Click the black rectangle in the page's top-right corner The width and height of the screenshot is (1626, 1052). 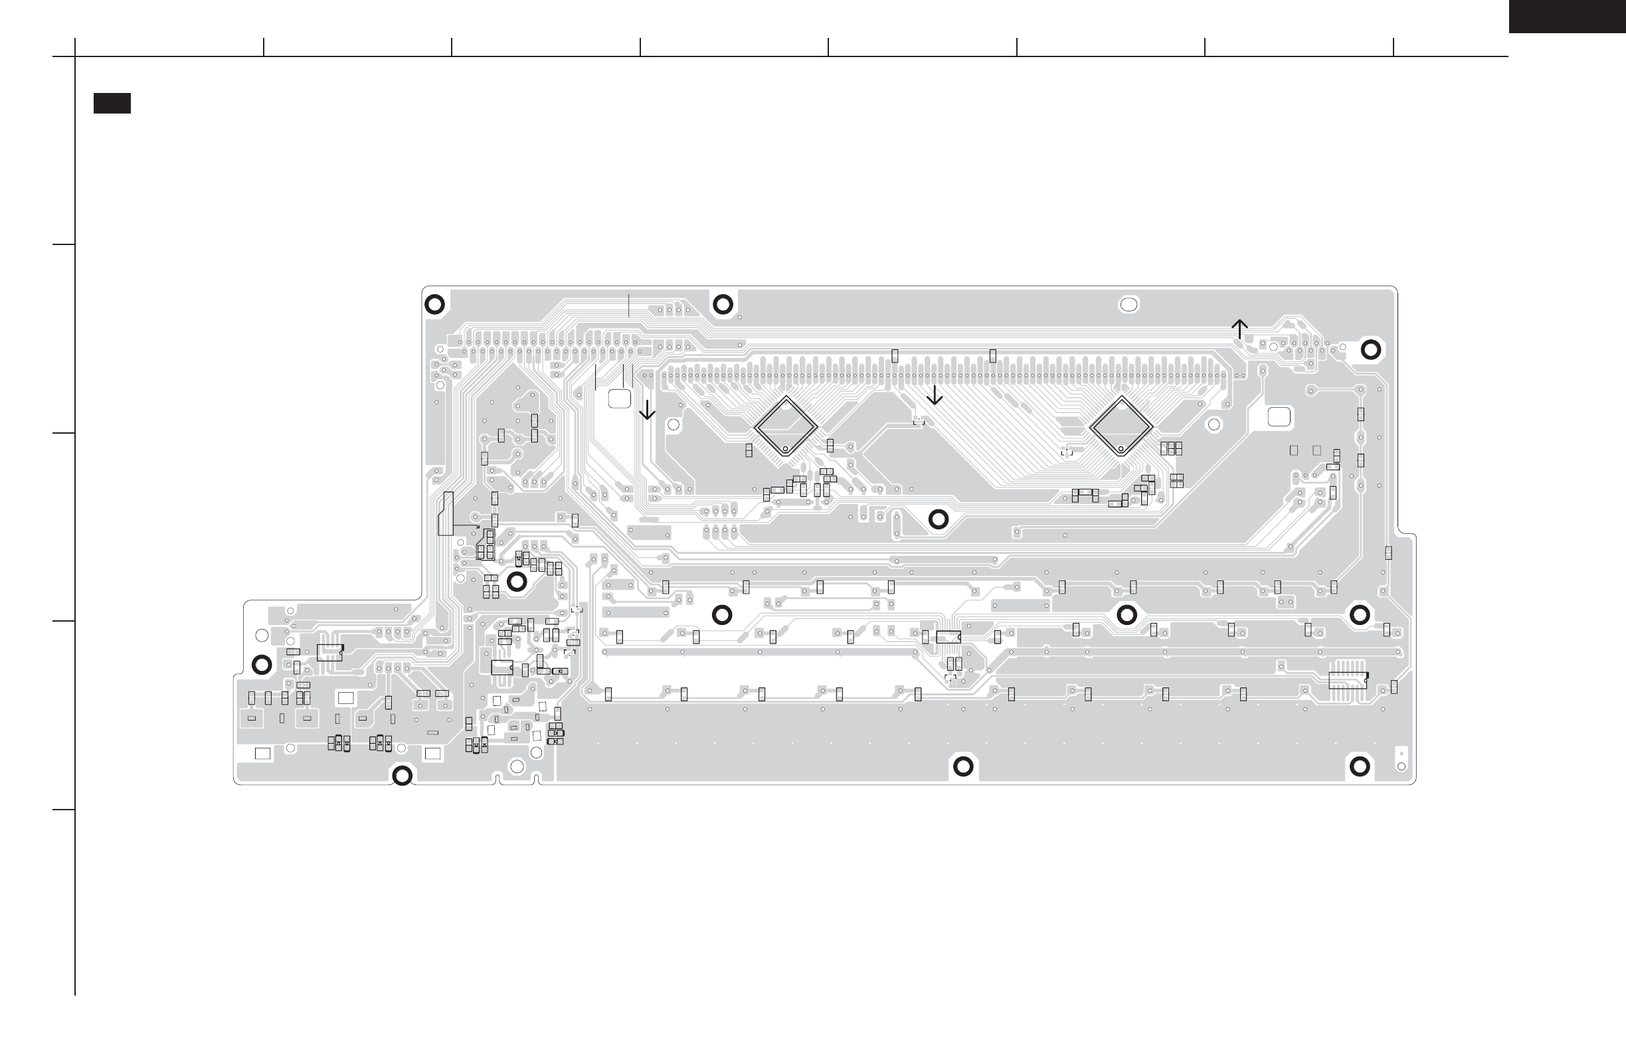coord(1567,16)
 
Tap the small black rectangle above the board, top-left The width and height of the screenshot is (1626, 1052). coord(112,103)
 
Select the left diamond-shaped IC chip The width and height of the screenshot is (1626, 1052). coord(786,427)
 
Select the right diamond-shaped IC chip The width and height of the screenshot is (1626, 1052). coord(1121,427)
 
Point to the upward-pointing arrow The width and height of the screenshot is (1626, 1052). coord(1239,329)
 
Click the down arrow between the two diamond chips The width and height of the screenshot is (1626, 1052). coord(934,395)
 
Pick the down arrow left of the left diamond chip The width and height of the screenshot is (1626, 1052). coord(646,409)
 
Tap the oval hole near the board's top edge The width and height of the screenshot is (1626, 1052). coord(1129,305)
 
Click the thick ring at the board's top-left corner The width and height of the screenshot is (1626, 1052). coord(434,304)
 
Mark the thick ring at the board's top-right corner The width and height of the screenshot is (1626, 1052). coord(1370,350)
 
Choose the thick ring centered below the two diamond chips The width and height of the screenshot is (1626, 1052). coord(939,519)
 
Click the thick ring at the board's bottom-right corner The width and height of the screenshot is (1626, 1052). coord(1360,766)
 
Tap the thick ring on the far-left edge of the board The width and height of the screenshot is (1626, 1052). coord(262,664)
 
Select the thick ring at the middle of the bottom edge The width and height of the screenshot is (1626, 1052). coord(962,766)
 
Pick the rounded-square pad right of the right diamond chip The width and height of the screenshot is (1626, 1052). coord(1279,416)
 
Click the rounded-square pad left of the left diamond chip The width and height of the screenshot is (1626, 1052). coord(619,399)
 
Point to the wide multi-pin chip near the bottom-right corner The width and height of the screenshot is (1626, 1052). coord(1348,679)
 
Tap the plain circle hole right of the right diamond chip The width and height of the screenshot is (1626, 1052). coord(1214,425)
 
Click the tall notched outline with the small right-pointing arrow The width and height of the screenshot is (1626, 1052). coord(446,513)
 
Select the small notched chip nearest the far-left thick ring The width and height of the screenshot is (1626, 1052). coord(329,652)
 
